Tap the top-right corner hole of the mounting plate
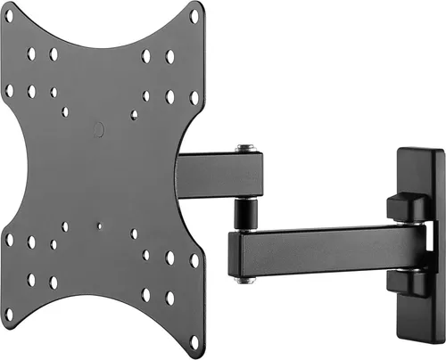pyautogui.click(x=194, y=13)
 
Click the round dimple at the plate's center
pyautogui.click(x=99, y=129)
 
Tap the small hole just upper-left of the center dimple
pyautogui.click(x=64, y=112)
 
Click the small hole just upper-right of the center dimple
pyautogui.click(x=134, y=114)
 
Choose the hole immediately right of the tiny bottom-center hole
pyautogui.click(x=135, y=234)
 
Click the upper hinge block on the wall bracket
pyautogui.click(x=404, y=207)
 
